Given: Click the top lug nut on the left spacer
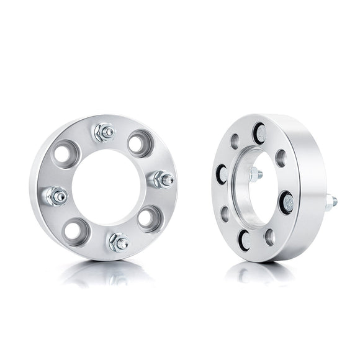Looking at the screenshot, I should point(104,132).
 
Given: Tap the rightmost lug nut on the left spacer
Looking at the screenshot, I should point(163,179).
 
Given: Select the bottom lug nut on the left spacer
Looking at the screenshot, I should point(117,241).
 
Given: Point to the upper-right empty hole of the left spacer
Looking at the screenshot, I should point(140,142).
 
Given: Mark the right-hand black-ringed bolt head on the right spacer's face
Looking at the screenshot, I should point(287,201).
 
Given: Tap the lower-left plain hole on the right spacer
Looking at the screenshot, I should point(225,214).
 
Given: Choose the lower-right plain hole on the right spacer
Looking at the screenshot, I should point(269,236).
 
